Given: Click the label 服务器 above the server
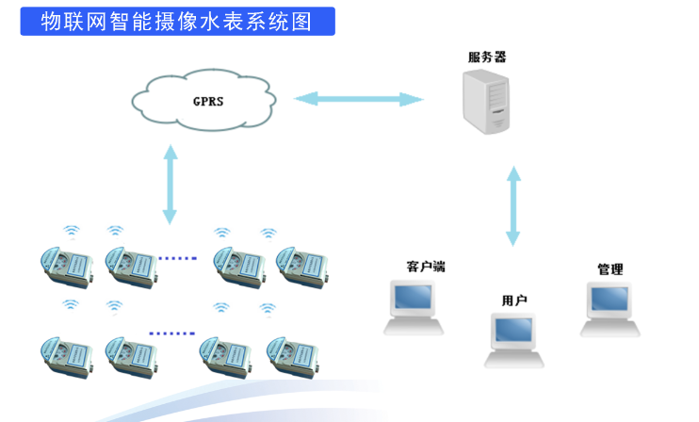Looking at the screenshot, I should [x=487, y=57].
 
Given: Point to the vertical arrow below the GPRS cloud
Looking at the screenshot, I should [x=170, y=184].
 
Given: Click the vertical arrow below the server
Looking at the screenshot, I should [x=513, y=206].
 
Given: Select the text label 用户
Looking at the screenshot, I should [x=514, y=300].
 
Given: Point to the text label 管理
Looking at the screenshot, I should [x=610, y=269].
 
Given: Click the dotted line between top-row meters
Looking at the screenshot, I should [x=178, y=256].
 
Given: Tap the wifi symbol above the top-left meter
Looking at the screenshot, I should [x=72, y=230].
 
